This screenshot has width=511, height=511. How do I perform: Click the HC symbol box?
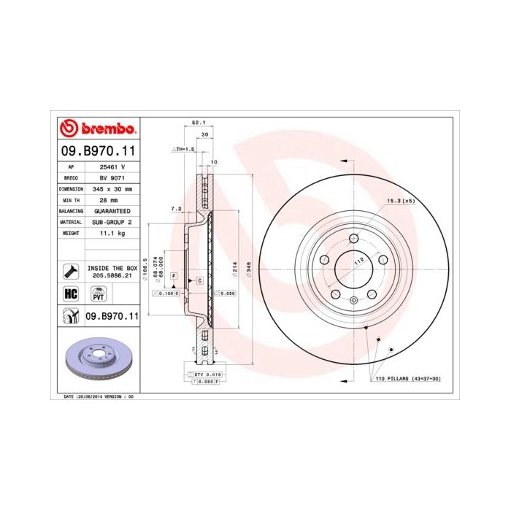coord(72,294)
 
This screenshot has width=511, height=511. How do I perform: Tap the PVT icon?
coord(98,294)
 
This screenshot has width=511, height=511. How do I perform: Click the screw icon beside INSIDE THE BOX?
coord(72,270)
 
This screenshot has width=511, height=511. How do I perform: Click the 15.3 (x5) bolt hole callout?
coord(400,200)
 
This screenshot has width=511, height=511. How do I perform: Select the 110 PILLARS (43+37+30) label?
coord(408,380)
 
